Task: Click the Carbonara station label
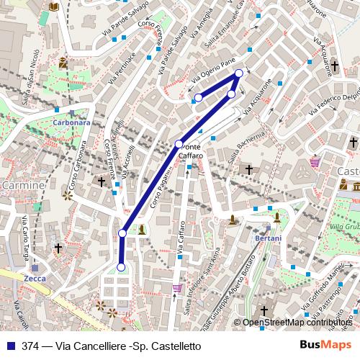71,122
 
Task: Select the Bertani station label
268,238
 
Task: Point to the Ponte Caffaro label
191,151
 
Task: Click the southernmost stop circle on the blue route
121,267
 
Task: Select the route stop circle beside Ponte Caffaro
179,144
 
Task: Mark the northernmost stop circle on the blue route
239,73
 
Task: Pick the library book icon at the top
54,6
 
